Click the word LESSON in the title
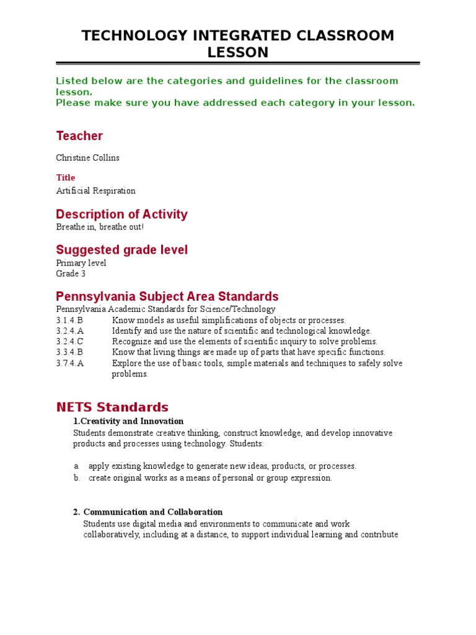(x=238, y=53)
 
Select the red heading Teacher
(x=79, y=136)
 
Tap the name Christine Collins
(x=87, y=158)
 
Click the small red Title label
(x=65, y=178)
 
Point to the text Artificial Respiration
(x=95, y=191)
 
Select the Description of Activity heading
(x=121, y=215)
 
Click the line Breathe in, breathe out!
(x=100, y=227)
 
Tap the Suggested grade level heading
(x=121, y=250)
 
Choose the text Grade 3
(x=71, y=273)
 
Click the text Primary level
(x=81, y=263)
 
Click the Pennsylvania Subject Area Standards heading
(x=167, y=296)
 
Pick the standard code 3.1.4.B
(x=69, y=321)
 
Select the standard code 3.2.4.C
(x=69, y=342)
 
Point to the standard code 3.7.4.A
(x=69, y=363)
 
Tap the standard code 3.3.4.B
(x=69, y=352)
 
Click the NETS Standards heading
(x=112, y=407)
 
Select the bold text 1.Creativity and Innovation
(x=128, y=422)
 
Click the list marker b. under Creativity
(x=77, y=478)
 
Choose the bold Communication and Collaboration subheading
(x=152, y=512)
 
